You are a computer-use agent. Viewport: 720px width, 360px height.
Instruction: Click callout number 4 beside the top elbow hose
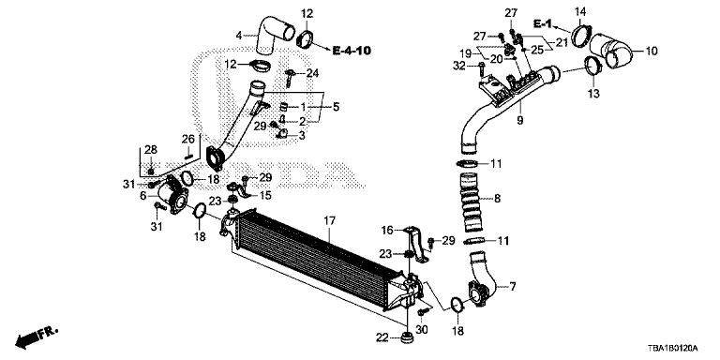240,35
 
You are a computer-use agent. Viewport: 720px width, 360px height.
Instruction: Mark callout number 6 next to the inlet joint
143,196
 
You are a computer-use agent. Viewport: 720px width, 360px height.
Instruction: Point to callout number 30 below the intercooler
421,330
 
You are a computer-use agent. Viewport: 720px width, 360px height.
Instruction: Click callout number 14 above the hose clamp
579,12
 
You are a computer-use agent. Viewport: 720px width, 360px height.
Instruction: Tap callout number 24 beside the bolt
313,72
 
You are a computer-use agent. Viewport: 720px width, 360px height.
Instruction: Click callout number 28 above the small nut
149,151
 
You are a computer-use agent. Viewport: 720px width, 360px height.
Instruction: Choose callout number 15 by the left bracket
265,195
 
